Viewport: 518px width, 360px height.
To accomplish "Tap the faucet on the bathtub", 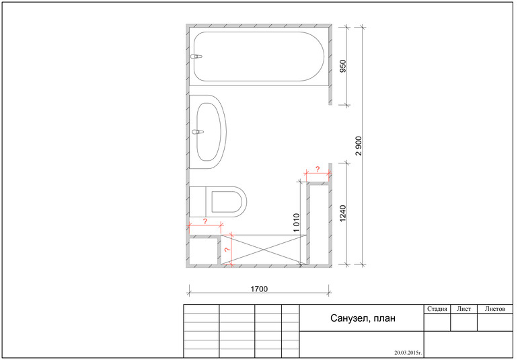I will [196, 57].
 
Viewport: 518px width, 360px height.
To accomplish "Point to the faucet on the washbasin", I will [197, 132].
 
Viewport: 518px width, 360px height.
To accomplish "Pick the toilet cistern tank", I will [198, 200].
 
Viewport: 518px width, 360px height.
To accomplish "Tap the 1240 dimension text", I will [343, 213].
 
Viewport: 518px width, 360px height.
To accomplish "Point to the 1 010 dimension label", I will [296, 223].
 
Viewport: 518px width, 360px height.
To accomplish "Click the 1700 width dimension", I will [260, 289].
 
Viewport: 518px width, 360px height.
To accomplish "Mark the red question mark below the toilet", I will [205, 221].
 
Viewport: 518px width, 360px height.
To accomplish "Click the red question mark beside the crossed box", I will [227, 250].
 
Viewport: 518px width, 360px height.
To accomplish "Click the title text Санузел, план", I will [362, 319].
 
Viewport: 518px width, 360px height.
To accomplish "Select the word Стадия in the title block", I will [437, 309].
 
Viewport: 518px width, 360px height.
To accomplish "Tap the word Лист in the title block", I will [464, 309].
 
